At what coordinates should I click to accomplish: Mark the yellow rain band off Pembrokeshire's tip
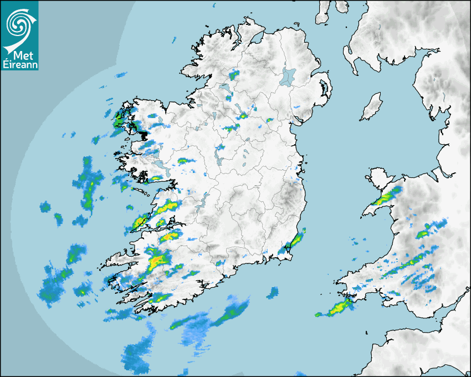336,308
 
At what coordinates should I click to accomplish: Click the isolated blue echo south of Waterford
273,292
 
